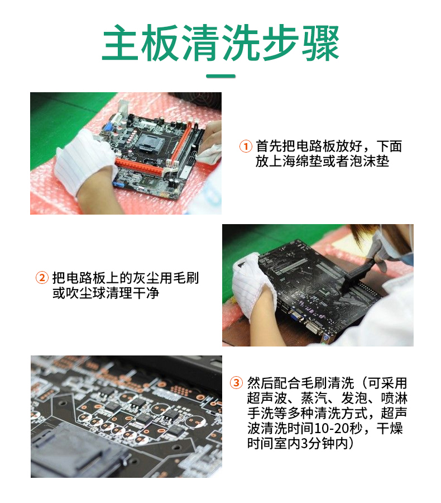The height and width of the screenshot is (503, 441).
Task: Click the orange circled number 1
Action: [x=246, y=146]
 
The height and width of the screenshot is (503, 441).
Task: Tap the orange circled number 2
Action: [x=42, y=277]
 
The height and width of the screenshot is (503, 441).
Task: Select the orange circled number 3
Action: [x=236, y=383]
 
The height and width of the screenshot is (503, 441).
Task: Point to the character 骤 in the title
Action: [x=321, y=43]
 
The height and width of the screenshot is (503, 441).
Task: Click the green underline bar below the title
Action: [x=220, y=76]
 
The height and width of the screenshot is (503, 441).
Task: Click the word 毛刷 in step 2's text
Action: [x=186, y=278]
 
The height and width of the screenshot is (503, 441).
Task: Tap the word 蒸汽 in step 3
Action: [x=314, y=398]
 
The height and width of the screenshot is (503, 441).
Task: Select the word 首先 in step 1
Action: [x=269, y=146]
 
